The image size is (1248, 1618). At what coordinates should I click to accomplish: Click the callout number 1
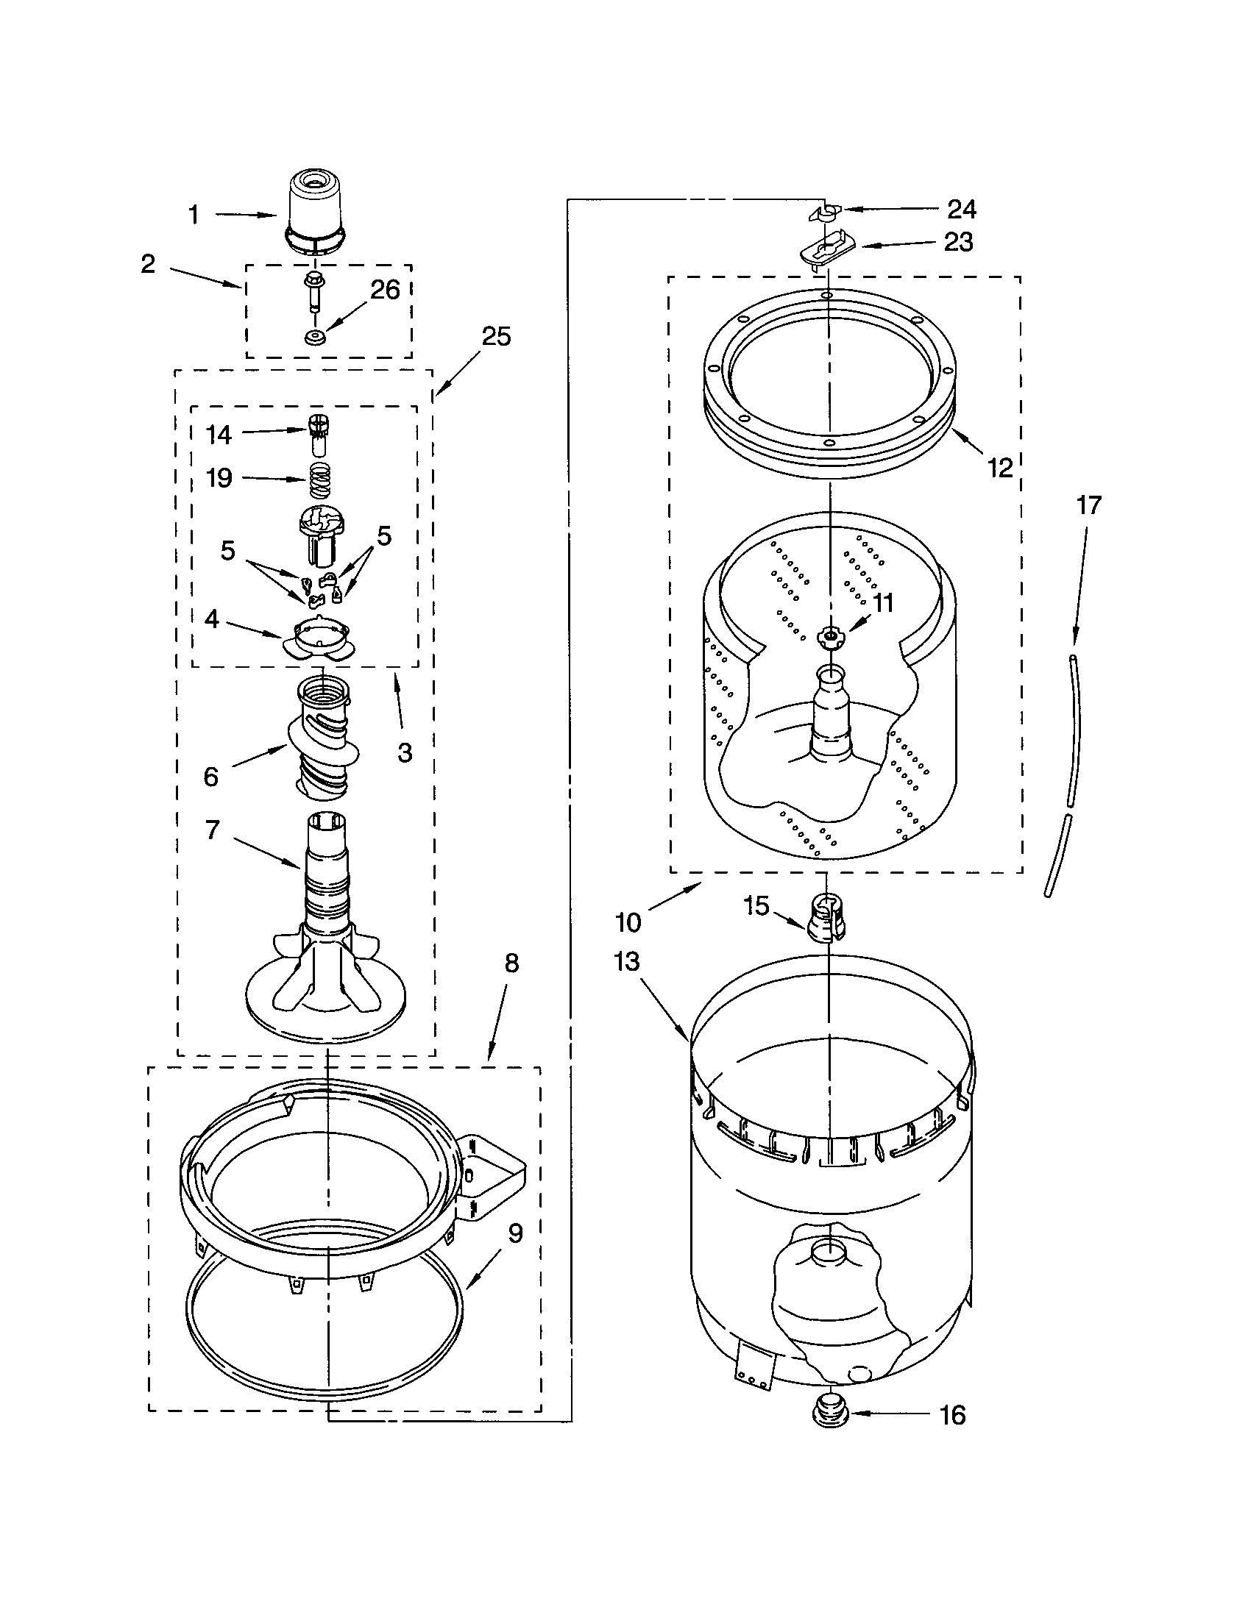(x=194, y=215)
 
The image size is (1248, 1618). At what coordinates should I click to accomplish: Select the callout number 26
(x=385, y=290)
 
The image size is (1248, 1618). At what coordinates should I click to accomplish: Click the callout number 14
(x=219, y=435)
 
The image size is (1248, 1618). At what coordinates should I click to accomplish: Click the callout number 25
(x=496, y=336)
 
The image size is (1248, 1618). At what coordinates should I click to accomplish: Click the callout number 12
(x=1000, y=468)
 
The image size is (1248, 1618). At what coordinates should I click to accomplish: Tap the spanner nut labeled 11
(x=830, y=635)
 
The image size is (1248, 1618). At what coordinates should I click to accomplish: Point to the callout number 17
(x=1088, y=505)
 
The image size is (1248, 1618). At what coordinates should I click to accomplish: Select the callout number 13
(x=627, y=962)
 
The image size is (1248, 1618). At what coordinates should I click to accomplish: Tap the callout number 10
(x=628, y=922)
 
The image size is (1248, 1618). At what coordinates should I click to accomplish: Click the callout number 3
(x=405, y=752)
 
